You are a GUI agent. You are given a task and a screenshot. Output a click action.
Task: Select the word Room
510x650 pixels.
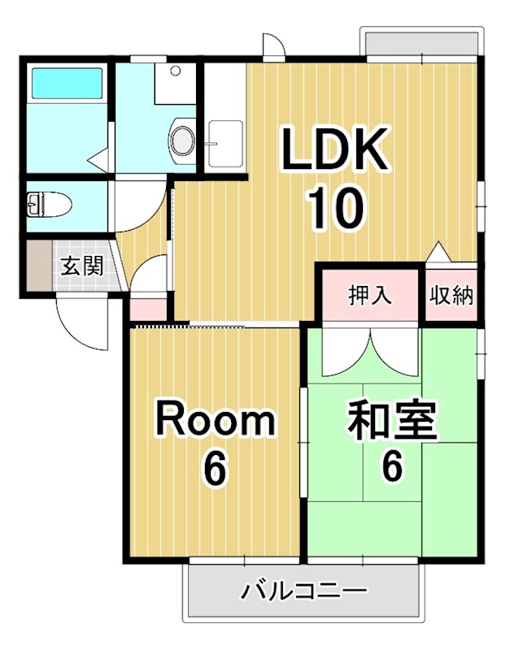point(216,421)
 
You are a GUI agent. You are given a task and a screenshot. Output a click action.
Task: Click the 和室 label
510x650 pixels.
point(393,421)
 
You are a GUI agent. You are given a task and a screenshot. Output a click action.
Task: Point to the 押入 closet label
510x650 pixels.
point(370,296)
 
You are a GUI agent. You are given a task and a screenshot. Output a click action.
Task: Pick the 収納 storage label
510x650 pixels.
point(451,296)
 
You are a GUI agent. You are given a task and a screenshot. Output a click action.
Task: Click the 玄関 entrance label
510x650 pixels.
point(81,266)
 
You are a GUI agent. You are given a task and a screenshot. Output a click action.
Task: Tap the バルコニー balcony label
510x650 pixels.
point(305,591)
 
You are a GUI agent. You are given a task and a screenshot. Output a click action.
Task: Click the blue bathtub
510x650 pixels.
point(66,84)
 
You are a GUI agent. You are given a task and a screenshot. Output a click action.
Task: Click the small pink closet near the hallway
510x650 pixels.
point(147,310)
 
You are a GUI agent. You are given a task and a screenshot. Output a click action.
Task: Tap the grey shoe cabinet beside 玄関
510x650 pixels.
point(37,266)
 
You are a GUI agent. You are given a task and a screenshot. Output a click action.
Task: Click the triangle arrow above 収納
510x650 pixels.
point(438,252)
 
